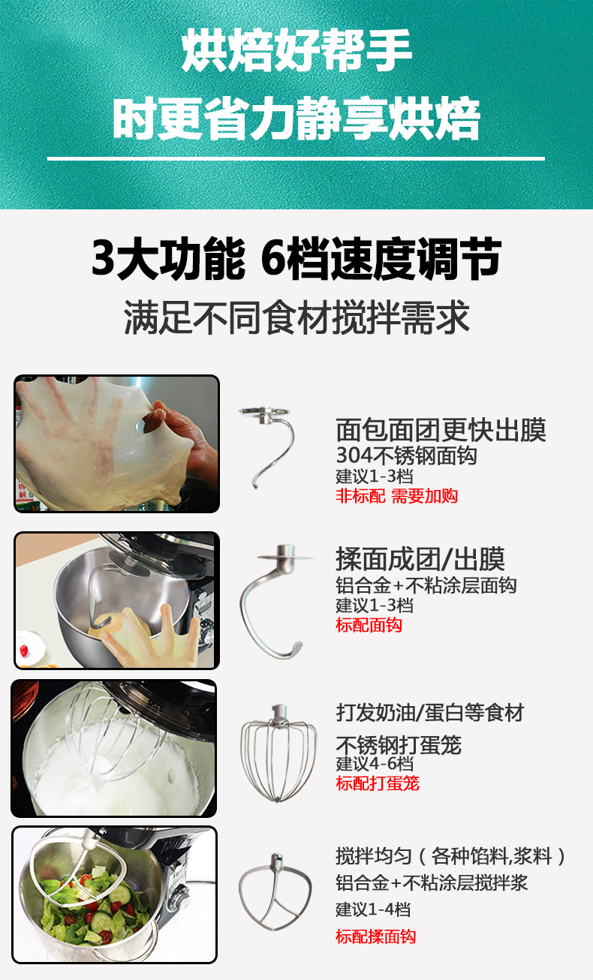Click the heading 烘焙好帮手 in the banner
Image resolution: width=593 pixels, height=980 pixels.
296,50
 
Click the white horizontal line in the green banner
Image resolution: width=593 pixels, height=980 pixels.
296,159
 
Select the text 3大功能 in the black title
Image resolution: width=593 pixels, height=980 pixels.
169,258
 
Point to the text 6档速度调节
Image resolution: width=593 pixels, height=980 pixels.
381,258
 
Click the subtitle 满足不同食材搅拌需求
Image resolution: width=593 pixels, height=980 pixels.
296,317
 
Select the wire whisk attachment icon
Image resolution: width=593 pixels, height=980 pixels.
278,753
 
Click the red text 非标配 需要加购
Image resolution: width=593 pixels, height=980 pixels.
396,496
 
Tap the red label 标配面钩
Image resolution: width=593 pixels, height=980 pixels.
369,625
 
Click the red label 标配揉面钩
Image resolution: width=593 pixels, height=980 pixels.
375,936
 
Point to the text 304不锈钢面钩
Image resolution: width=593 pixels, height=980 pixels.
406,455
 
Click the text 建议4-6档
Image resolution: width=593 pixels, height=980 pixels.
374,763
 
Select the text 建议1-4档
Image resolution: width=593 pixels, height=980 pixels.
373,909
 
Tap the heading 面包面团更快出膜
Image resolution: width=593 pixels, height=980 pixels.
441,430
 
